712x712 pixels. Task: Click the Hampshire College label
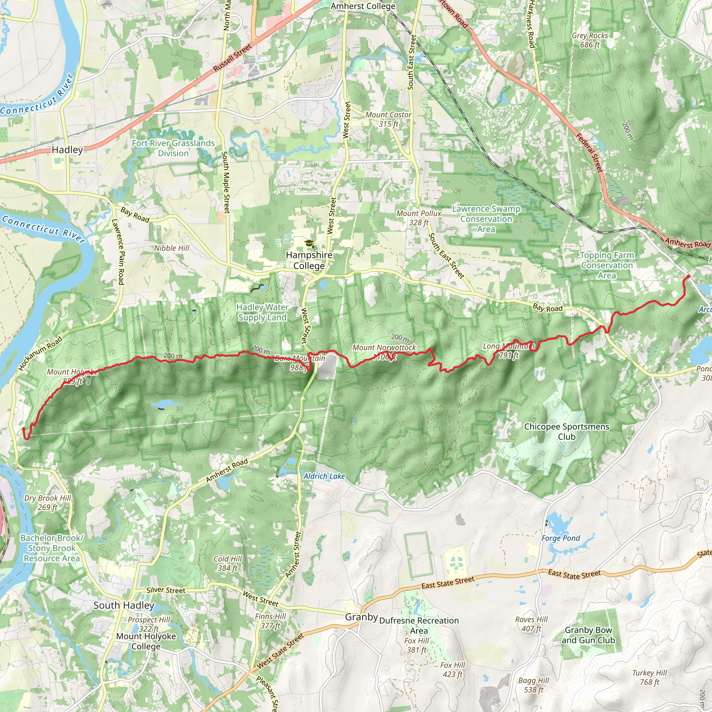tap(309, 260)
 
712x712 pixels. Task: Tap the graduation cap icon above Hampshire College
tap(309, 243)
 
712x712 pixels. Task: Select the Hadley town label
tap(67, 149)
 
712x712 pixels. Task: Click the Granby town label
tap(361, 617)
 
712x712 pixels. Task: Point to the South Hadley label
tap(124, 605)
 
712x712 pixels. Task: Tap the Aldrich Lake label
tap(324, 476)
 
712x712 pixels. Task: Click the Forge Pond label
tap(560, 538)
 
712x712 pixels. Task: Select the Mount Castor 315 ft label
tap(388, 119)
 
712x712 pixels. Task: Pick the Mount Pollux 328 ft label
tap(419, 218)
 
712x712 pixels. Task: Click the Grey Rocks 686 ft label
tap(590, 40)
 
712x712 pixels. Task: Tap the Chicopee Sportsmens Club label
tap(566, 431)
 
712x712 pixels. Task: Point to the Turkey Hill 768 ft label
tap(649, 677)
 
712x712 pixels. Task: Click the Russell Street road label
tap(233, 57)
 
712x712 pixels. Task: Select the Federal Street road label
tap(589, 153)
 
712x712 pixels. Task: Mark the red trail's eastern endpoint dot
tap(688, 276)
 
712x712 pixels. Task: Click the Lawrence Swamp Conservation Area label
tap(486, 219)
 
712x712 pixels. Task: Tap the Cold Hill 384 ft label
tap(227, 563)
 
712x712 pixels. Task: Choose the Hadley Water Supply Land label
tap(262, 312)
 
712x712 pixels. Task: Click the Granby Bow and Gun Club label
tap(588, 635)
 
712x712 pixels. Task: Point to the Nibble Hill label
tap(171, 248)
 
